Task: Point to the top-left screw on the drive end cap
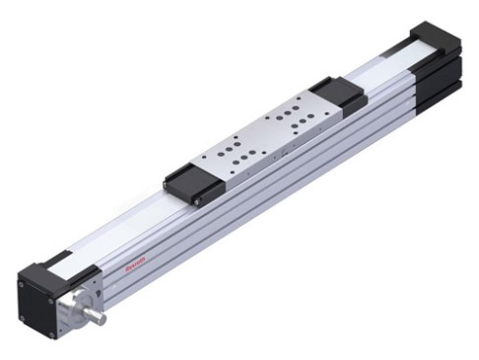coord(22,284)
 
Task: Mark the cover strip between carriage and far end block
coord(384,74)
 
